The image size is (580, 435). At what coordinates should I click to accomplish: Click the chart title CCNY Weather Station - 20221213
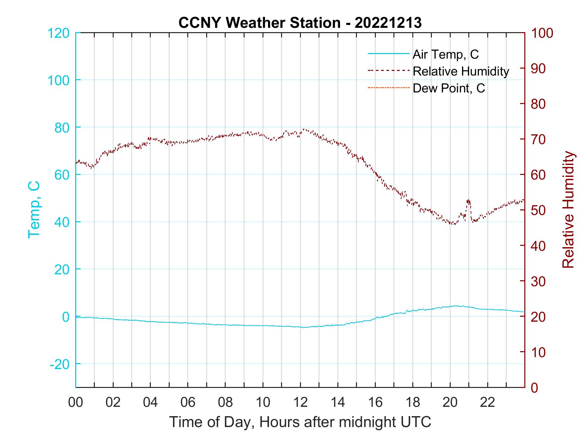click(300, 23)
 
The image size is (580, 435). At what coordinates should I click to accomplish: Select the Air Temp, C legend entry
click(445, 54)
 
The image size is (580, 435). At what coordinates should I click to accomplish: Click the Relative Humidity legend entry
click(461, 71)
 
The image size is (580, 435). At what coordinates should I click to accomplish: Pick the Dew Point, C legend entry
click(448, 88)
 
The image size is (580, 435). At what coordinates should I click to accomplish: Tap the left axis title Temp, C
click(34, 209)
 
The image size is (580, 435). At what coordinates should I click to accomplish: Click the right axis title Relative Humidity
click(568, 209)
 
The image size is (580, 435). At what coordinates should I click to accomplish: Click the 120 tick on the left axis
click(59, 33)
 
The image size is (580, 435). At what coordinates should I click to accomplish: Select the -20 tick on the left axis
click(59, 364)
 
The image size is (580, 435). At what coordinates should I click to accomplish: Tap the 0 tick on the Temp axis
click(65, 317)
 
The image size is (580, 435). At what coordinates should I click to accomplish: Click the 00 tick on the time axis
click(76, 402)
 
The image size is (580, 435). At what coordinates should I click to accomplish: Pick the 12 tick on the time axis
click(300, 402)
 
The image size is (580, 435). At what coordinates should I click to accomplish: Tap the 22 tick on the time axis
click(488, 402)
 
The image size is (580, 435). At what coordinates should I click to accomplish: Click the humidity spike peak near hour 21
click(468, 200)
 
